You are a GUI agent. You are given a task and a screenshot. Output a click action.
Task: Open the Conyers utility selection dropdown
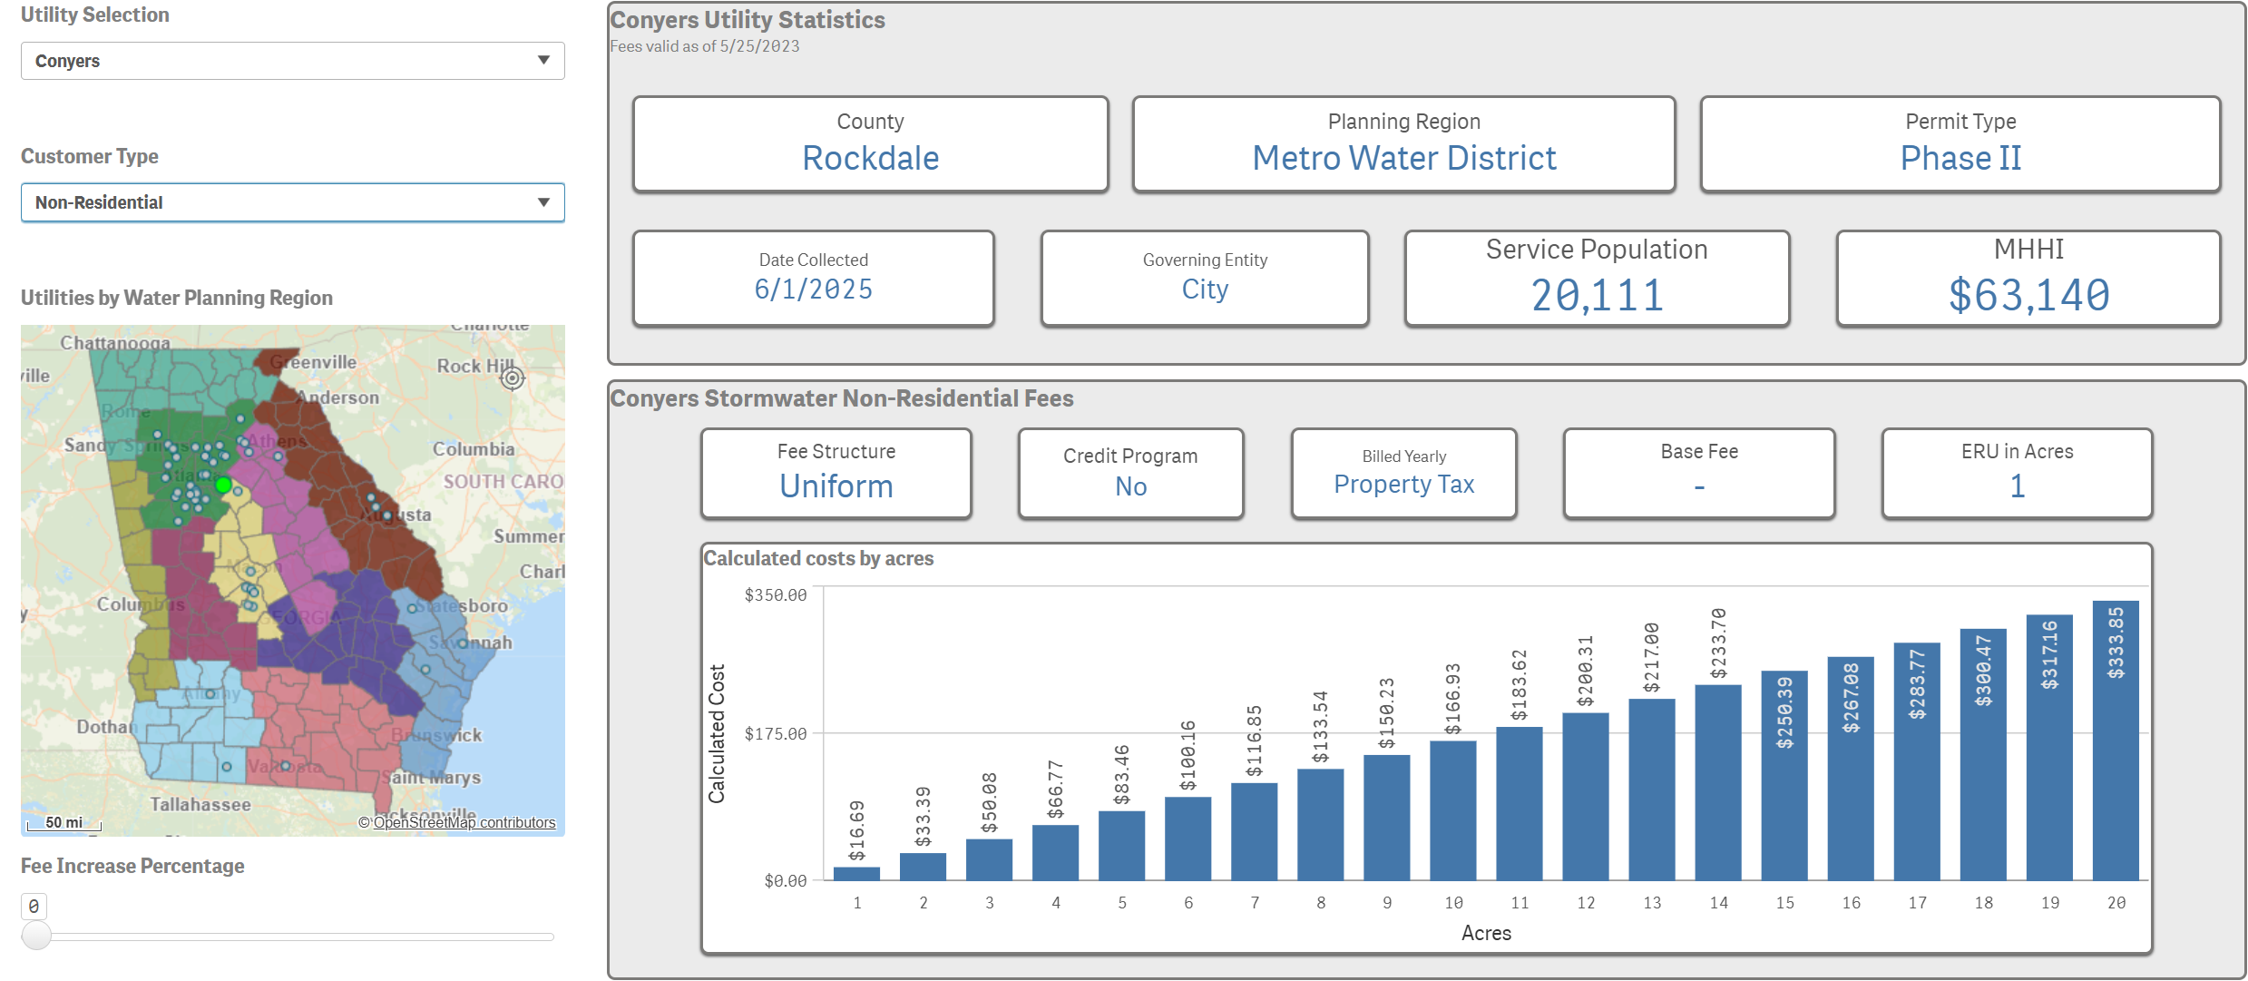292,61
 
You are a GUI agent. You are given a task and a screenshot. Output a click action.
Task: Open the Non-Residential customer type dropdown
292,202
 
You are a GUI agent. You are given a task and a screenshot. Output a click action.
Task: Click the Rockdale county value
870,159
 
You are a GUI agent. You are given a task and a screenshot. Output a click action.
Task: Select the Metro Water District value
1403,159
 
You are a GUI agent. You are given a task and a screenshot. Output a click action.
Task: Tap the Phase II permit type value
1960,159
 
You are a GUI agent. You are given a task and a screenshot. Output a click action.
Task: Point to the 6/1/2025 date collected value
813,289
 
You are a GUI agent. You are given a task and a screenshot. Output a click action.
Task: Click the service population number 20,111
1597,296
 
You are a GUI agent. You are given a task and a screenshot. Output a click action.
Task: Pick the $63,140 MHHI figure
2028,296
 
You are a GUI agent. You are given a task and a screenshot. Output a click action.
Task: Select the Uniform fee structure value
836,486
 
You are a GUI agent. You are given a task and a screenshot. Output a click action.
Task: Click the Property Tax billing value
1403,485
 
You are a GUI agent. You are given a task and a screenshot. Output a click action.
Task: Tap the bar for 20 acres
2115,740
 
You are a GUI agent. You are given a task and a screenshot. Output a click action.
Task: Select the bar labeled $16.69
856,873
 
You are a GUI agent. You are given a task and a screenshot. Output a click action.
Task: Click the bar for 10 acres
1452,809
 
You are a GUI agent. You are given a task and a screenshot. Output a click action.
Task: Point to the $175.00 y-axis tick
775,733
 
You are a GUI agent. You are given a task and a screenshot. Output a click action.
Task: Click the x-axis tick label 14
1718,903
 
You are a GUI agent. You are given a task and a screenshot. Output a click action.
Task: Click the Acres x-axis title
1486,933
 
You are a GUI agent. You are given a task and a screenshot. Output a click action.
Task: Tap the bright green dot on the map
223,486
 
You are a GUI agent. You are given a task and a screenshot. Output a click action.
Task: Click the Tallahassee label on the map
200,804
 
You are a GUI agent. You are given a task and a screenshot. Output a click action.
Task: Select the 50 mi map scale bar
64,823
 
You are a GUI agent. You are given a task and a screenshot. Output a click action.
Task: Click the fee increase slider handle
36,936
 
